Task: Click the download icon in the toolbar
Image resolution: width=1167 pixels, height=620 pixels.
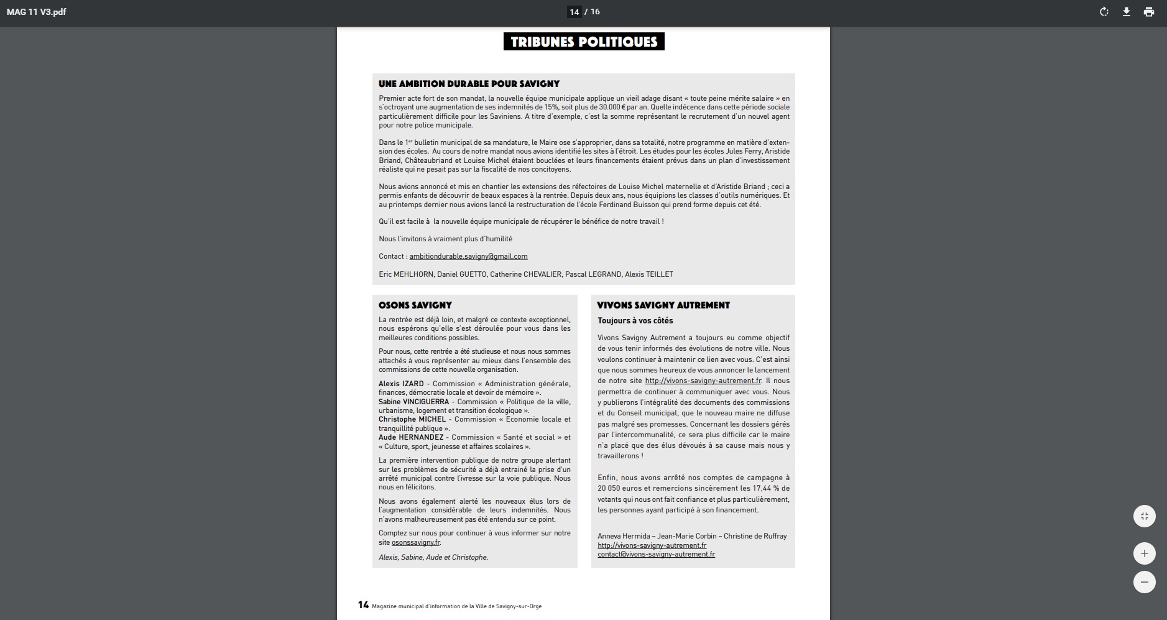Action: [x=1126, y=12]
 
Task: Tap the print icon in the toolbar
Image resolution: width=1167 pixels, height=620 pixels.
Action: [x=1148, y=12]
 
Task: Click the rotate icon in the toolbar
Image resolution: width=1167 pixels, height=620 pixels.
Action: [x=1104, y=12]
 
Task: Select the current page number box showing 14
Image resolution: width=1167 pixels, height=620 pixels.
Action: [x=574, y=12]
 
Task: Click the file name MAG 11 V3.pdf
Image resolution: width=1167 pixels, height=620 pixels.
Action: [x=36, y=12]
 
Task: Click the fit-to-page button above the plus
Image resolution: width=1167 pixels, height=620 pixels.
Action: [x=1144, y=516]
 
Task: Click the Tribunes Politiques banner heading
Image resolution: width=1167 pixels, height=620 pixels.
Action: [x=584, y=42]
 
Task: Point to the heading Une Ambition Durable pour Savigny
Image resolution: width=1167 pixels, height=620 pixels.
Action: [x=469, y=84]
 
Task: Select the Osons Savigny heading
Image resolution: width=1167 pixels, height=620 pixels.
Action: [x=415, y=305]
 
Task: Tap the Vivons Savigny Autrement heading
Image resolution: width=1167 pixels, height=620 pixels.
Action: [x=663, y=305]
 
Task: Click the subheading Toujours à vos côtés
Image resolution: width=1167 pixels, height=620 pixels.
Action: [x=635, y=321]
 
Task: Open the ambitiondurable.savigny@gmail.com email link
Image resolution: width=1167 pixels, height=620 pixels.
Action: [x=468, y=256]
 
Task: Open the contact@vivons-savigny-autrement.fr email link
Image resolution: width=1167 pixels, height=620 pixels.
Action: [x=656, y=554]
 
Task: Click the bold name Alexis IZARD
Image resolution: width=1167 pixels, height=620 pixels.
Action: [x=401, y=384]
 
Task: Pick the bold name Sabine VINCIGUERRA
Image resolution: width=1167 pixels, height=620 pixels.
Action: [x=413, y=402]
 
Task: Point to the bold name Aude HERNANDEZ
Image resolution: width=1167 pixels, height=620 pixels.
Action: [x=411, y=437]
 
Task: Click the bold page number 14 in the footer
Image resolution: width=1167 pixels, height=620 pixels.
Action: [x=363, y=605]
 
